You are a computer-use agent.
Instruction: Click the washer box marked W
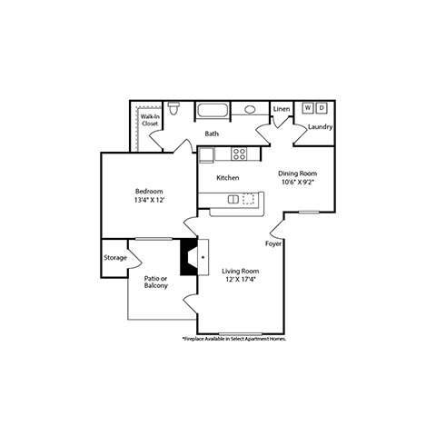(308, 108)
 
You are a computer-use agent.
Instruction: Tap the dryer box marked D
(322, 108)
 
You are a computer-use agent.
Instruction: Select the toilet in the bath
(173, 108)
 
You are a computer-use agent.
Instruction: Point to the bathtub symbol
(213, 110)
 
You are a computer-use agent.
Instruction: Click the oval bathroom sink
(250, 109)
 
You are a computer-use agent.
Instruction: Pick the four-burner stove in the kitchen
(239, 154)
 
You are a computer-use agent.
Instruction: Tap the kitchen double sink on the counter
(233, 199)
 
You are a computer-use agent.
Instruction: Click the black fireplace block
(189, 257)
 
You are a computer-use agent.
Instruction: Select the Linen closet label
(282, 109)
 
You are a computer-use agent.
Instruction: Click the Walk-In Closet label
(150, 120)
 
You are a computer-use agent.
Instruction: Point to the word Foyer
(273, 243)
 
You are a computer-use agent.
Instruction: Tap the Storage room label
(115, 258)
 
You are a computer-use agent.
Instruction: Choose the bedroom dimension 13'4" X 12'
(149, 200)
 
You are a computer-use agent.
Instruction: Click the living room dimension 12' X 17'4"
(241, 279)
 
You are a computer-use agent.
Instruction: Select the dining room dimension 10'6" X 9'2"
(297, 182)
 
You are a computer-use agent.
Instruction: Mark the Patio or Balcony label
(156, 282)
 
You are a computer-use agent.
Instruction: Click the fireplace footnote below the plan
(234, 339)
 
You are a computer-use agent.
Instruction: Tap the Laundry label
(321, 127)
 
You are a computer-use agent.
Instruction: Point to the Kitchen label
(228, 178)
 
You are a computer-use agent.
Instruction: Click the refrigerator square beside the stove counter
(206, 154)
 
